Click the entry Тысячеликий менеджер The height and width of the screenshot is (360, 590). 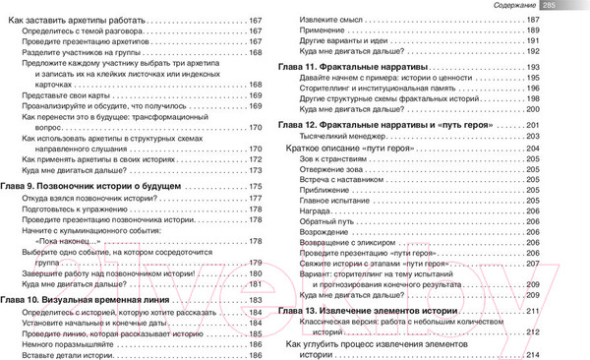click(340, 137)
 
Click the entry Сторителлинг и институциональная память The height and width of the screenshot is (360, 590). click(370, 102)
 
